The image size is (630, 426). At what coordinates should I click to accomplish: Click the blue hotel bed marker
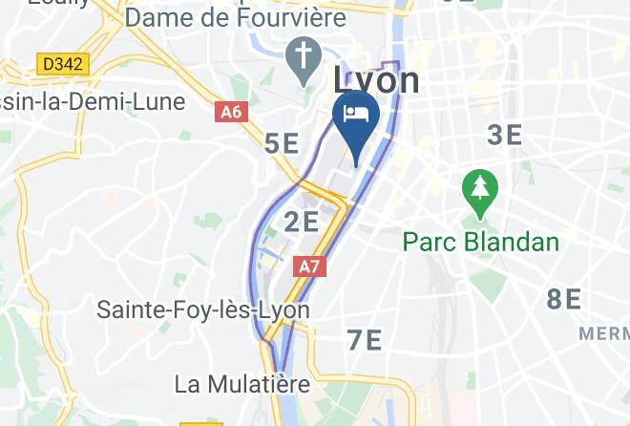pyautogui.click(x=356, y=117)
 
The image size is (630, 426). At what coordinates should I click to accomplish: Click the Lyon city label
pyautogui.click(x=376, y=80)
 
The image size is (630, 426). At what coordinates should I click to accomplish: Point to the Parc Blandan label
pyautogui.click(x=480, y=241)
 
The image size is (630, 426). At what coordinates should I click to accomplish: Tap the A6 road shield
pyautogui.click(x=231, y=113)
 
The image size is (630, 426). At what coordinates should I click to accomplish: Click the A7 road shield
pyautogui.click(x=309, y=266)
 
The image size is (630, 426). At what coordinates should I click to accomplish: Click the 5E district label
pyautogui.click(x=281, y=144)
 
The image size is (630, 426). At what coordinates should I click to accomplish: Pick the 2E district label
pyautogui.click(x=302, y=223)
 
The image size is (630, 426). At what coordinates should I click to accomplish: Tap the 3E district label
pyautogui.click(x=505, y=135)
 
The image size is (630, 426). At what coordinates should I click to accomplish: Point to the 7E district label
pyautogui.click(x=364, y=339)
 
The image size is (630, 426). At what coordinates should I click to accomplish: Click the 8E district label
pyautogui.click(x=564, y=299)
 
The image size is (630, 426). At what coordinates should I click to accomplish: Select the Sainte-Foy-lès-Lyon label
pyautogui.click(x=203, y=310)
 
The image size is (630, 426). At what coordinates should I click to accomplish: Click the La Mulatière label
pyautogui.click(x=242, y=384)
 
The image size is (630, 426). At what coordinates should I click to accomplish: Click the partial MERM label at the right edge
pyautogui.click(x=605, y=333)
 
